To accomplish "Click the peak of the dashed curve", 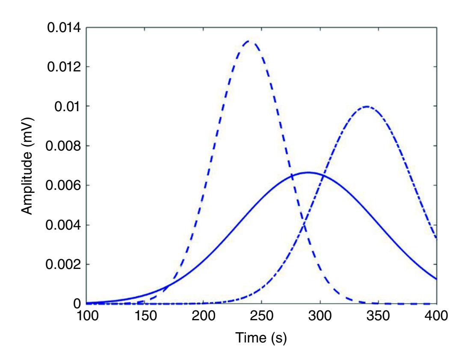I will (249, 41).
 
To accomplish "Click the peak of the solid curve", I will (308, 172).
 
